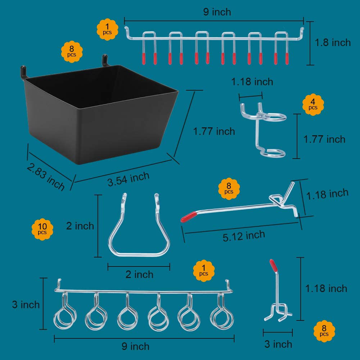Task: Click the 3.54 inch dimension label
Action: click(128, 179)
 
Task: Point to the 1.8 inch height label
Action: click(333, 42)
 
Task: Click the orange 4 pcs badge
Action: click(313, 105)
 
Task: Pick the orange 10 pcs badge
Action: click(42, 230)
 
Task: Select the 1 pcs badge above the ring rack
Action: click(204, 271)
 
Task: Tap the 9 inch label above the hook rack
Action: click(217, 12)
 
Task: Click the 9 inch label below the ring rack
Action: click(135, 346)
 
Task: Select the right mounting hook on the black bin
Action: click(105, 59)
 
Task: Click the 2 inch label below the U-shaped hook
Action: click(139, 274)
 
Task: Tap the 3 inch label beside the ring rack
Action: click(26, 305)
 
